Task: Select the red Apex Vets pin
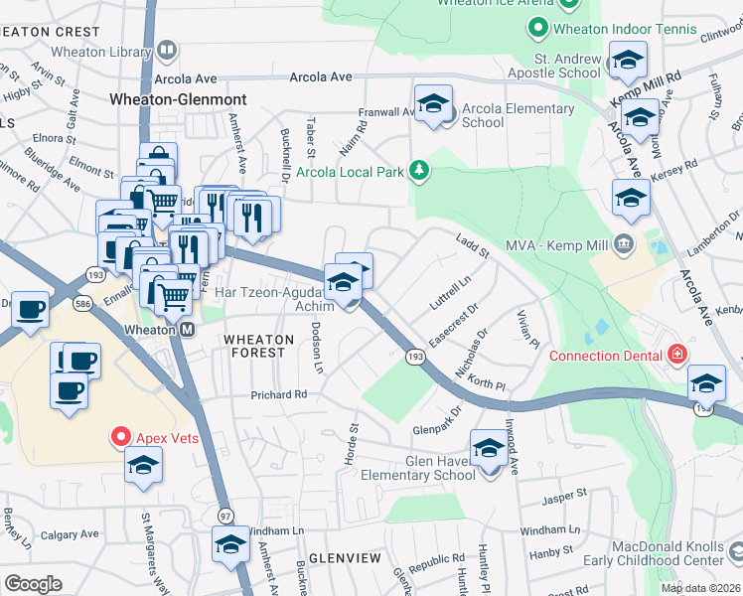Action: click(121, 436)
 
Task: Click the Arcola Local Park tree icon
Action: click(420, 171)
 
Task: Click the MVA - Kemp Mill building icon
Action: click(623, 243)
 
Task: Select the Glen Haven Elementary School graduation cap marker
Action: click(488, 448)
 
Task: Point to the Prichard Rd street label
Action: click(280, 394)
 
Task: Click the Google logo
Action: click(33, 584)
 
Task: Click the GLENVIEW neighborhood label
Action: click(344, 558)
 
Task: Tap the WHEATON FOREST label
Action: click(258, 347)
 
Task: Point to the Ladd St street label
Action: click(472, 245)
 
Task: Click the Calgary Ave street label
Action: click(71, 534)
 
